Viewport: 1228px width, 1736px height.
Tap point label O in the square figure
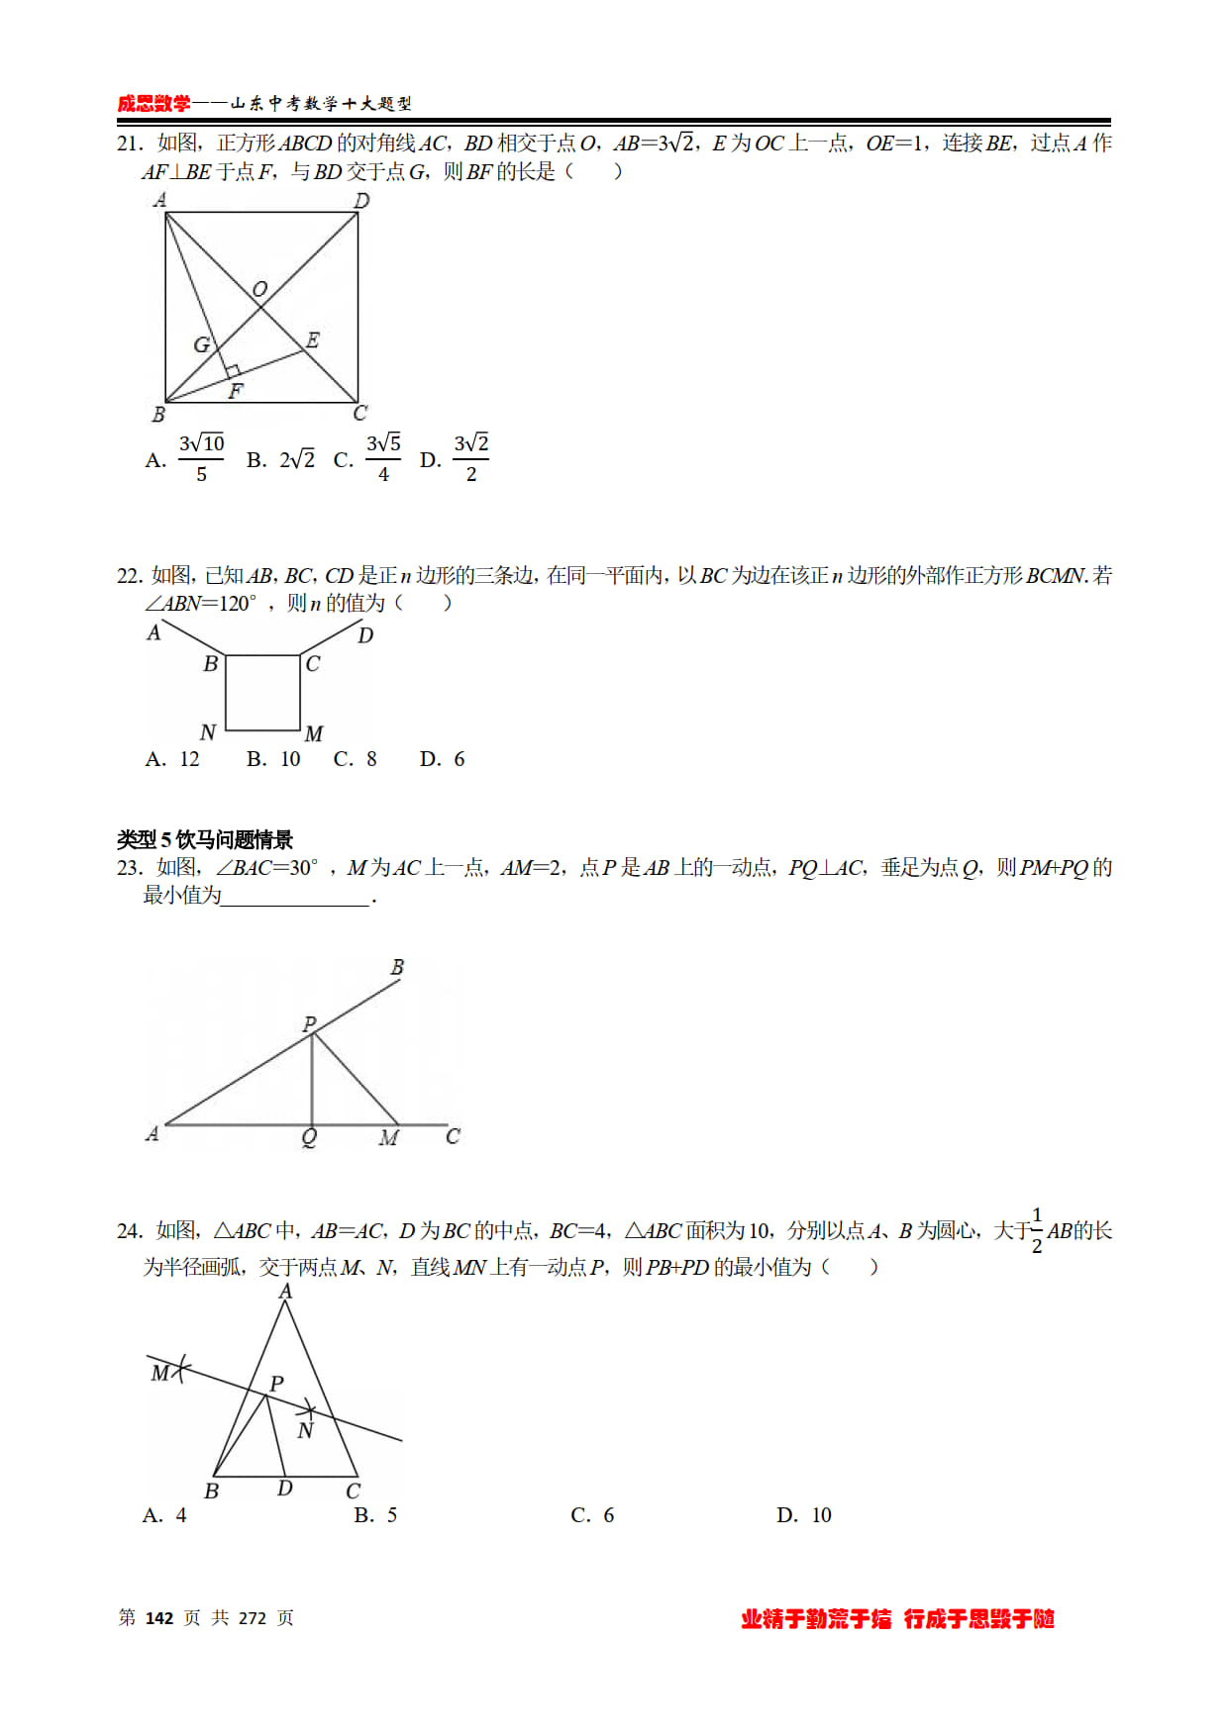(259, 289)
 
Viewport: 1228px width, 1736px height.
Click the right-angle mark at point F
(233, 372)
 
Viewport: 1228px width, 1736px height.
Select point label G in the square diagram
(201, 344)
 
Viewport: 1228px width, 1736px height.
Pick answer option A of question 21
(186, 459)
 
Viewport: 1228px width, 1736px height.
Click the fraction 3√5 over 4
(383, 458)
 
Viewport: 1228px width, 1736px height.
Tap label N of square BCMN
(207, 732)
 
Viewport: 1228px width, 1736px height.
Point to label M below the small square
(314, 733)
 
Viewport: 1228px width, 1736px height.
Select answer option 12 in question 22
(174, 759)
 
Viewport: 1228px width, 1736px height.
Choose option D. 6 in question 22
(443, 759)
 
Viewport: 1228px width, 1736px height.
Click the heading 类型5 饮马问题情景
(205, 840)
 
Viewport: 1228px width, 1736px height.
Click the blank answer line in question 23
(296, 898)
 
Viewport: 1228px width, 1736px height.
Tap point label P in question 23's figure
(309, 1023)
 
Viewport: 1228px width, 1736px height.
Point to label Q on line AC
(309, 1138)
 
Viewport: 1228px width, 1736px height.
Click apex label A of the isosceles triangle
(285, 1291)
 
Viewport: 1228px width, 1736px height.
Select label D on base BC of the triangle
(285, 1488)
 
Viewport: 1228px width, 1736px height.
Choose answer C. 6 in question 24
(592, 1515)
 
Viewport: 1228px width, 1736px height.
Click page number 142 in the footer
(159, 1618)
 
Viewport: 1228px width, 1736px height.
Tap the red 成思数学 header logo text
(153, 103)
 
